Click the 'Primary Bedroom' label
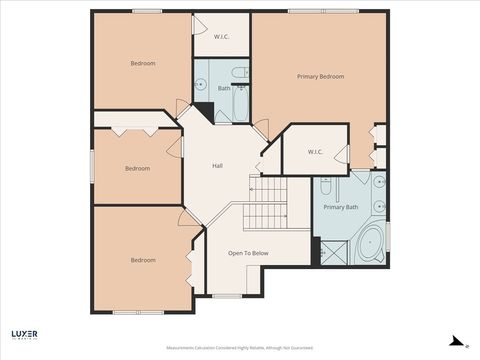[320, 77]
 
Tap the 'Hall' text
[217, 166]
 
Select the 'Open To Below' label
[248, 253]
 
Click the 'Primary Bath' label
[340, 207]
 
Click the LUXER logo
[24, 335]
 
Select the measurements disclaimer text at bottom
[240, 348]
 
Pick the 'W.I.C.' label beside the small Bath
[222, 37]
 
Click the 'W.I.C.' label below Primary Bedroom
[314, 152]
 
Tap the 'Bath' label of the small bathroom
[224, 88]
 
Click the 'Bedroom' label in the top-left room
[142, 63]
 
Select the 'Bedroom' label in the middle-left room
[137, 168]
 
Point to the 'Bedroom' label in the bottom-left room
[142, 260]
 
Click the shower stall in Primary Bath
[329, 251]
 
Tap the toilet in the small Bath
[241, 87]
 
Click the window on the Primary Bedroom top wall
[309, 11]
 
